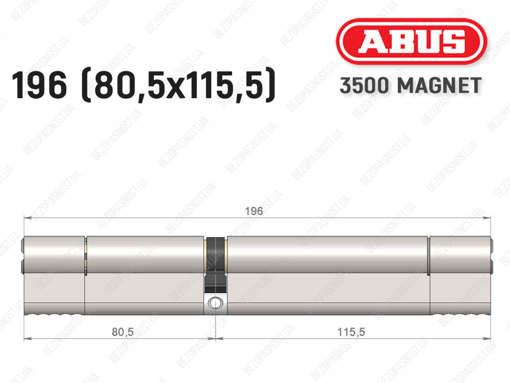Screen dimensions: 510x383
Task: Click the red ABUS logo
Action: pyautogui.click(x=411, y=41)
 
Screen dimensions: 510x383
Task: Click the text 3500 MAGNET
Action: pyautogui.click(x=410, y=86)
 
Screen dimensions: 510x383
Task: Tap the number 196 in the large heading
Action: pyautogui.click(x=39, y=86)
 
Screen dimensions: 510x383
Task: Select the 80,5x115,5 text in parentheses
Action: pyautogui.click(x=179, y=86)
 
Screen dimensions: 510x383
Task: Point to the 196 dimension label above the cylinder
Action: pyautogui.click(x=254, y=211)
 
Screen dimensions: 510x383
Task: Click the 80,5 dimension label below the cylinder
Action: pyautogui.click(x=123, y=332)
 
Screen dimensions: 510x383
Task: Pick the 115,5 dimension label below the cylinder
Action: pyautogui.click(x=351, y=332)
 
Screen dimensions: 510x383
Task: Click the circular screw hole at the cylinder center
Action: pyautogui.click(x=215, y=303)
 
